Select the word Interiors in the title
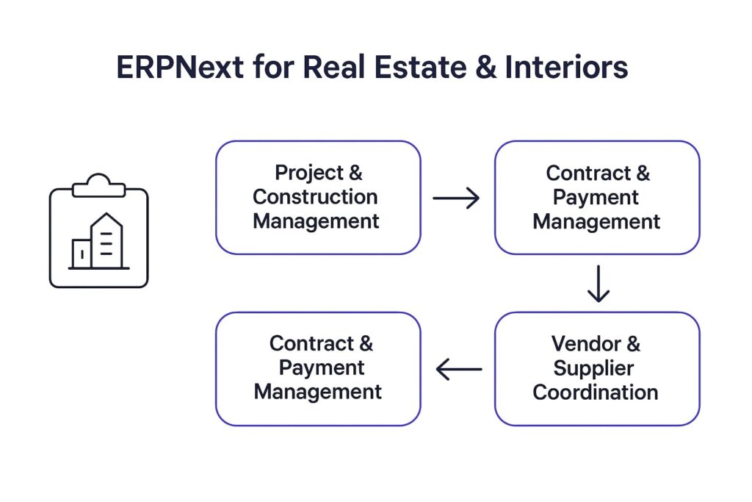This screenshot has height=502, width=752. (566, 68)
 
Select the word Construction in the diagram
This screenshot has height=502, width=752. (316, 197)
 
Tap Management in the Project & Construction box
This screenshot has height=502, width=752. (316, 220)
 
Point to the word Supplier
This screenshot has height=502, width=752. (593, 367)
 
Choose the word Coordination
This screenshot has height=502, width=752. (595, 392)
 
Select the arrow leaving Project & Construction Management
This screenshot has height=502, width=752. (456, 198)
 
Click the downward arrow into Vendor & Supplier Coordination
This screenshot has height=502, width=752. (599, 284)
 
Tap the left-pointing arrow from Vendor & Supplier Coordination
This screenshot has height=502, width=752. (459, 369)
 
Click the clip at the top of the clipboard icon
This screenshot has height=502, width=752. (98, 184)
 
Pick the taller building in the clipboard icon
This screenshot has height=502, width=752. (106, 240)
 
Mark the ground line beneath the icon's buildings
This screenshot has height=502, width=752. (98, 268)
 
